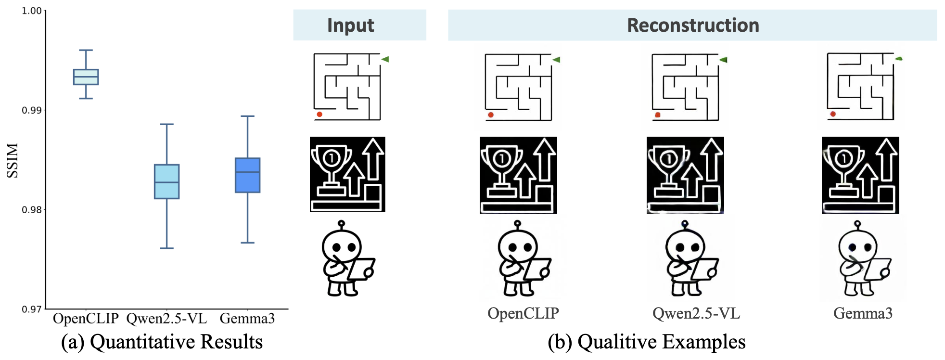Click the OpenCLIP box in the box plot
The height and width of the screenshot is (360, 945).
tap(86, 77)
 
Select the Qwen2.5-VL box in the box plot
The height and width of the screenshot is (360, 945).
tap(166, 181)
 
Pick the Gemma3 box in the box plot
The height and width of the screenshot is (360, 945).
tap(247, 175)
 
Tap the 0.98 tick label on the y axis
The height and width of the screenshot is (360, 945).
tap(32, 210)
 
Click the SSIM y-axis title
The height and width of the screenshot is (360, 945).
tap(13, 160)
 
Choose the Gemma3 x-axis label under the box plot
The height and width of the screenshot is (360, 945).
tap(247, 319)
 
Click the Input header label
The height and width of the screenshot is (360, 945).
tap(350, 25)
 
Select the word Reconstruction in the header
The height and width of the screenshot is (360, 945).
tap(693, 25)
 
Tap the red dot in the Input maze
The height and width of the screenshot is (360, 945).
tap(319, 115)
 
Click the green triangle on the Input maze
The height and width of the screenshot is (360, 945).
tap(385, 59)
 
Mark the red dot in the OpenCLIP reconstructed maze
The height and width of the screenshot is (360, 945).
tap(491, 115)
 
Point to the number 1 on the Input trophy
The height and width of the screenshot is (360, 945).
tap(331, 157)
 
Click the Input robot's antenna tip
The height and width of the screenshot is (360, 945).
tap(342, 223)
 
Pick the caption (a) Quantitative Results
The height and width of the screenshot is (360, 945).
tap(162, 342)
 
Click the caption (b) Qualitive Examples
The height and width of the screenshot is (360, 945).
tap(647, 342)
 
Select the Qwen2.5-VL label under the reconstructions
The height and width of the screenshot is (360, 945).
tap(696, 314)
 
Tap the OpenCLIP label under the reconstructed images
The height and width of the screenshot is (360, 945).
tap(523, 314)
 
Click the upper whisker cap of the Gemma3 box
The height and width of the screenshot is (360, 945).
tap(247, 116)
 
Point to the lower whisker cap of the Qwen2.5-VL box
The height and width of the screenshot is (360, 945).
tap(166, 248)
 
